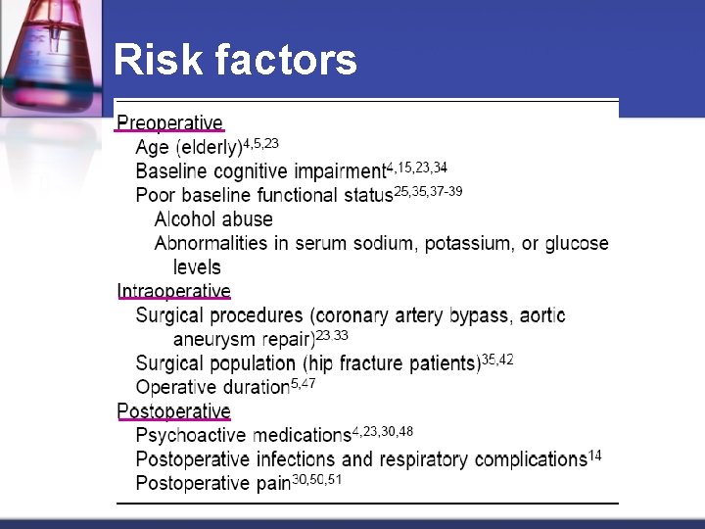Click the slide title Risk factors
click(235, 61)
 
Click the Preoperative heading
click(170, 123)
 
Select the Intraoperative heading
click(173, 291)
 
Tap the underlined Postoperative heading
click(173, 410)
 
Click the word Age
click(153, 148)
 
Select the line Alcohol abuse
click(213, 219)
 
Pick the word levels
click(197, 266)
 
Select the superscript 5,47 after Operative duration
click(304, 383)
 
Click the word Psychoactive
click(191, 435)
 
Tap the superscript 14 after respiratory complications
click(595, 456)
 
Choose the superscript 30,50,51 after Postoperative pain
click(317, 479)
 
